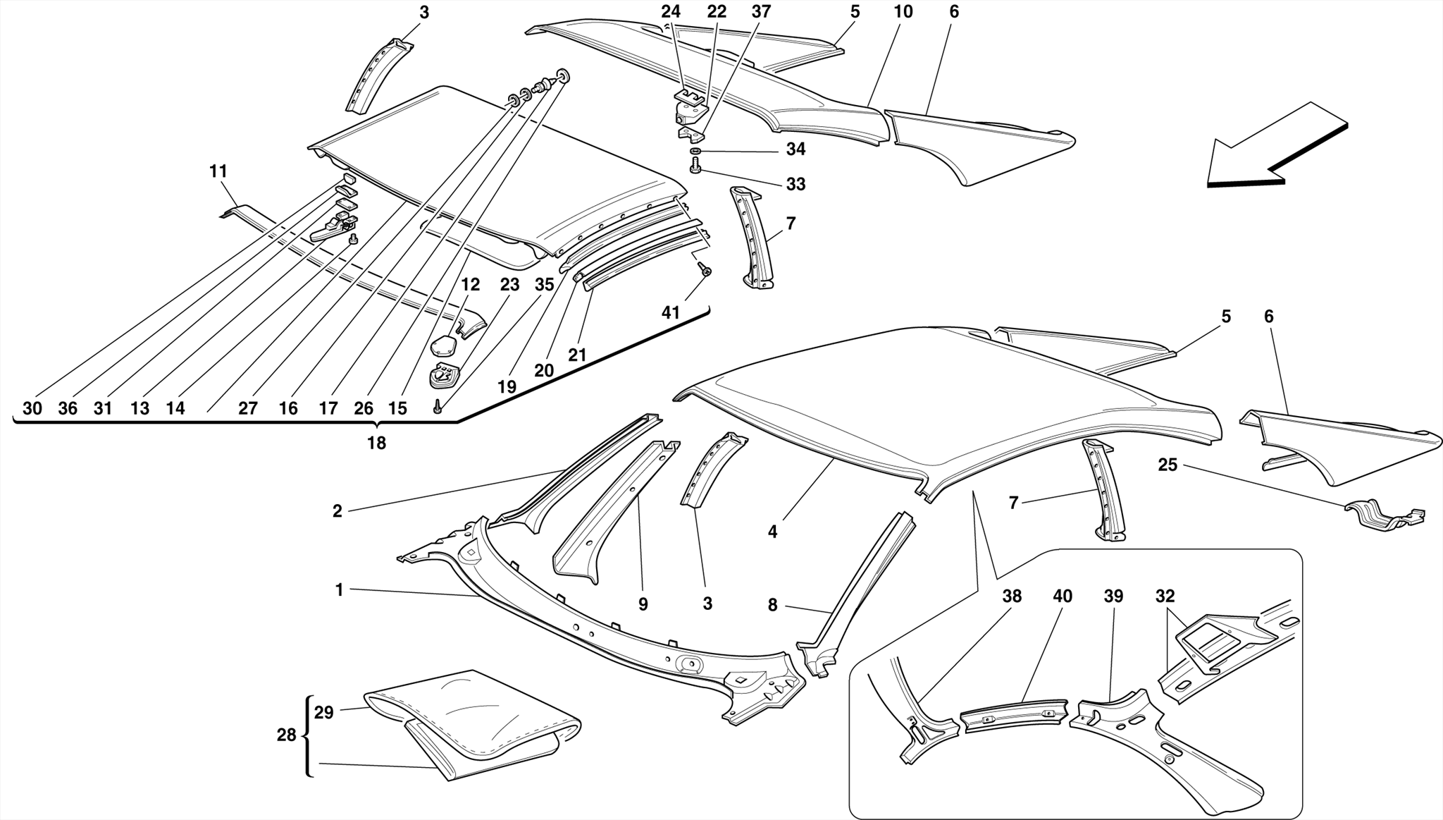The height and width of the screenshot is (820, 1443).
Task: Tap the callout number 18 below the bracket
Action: (376, 443)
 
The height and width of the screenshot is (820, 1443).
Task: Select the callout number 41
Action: (670, 312)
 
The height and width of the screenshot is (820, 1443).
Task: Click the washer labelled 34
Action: (695, 152)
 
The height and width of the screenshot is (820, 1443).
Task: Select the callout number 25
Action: (1168, 465)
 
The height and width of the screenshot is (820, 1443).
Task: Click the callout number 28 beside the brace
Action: (286, 735)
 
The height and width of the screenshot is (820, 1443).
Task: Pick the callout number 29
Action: (323, 713)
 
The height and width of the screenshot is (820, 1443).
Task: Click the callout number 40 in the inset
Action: (1062, 596)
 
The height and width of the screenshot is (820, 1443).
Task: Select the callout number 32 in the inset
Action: (1165, 596)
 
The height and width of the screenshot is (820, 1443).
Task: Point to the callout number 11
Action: (218, 171)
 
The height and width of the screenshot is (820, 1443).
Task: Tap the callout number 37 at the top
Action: (761, 12)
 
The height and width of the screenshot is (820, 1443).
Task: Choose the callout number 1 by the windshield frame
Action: (339, 590)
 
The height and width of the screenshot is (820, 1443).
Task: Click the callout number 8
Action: (772, 605)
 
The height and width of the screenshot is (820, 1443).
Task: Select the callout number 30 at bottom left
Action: (32, 408)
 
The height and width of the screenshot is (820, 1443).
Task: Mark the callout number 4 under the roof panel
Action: (772, 532)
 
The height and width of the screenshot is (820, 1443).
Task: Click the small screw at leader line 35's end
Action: (437, 406)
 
